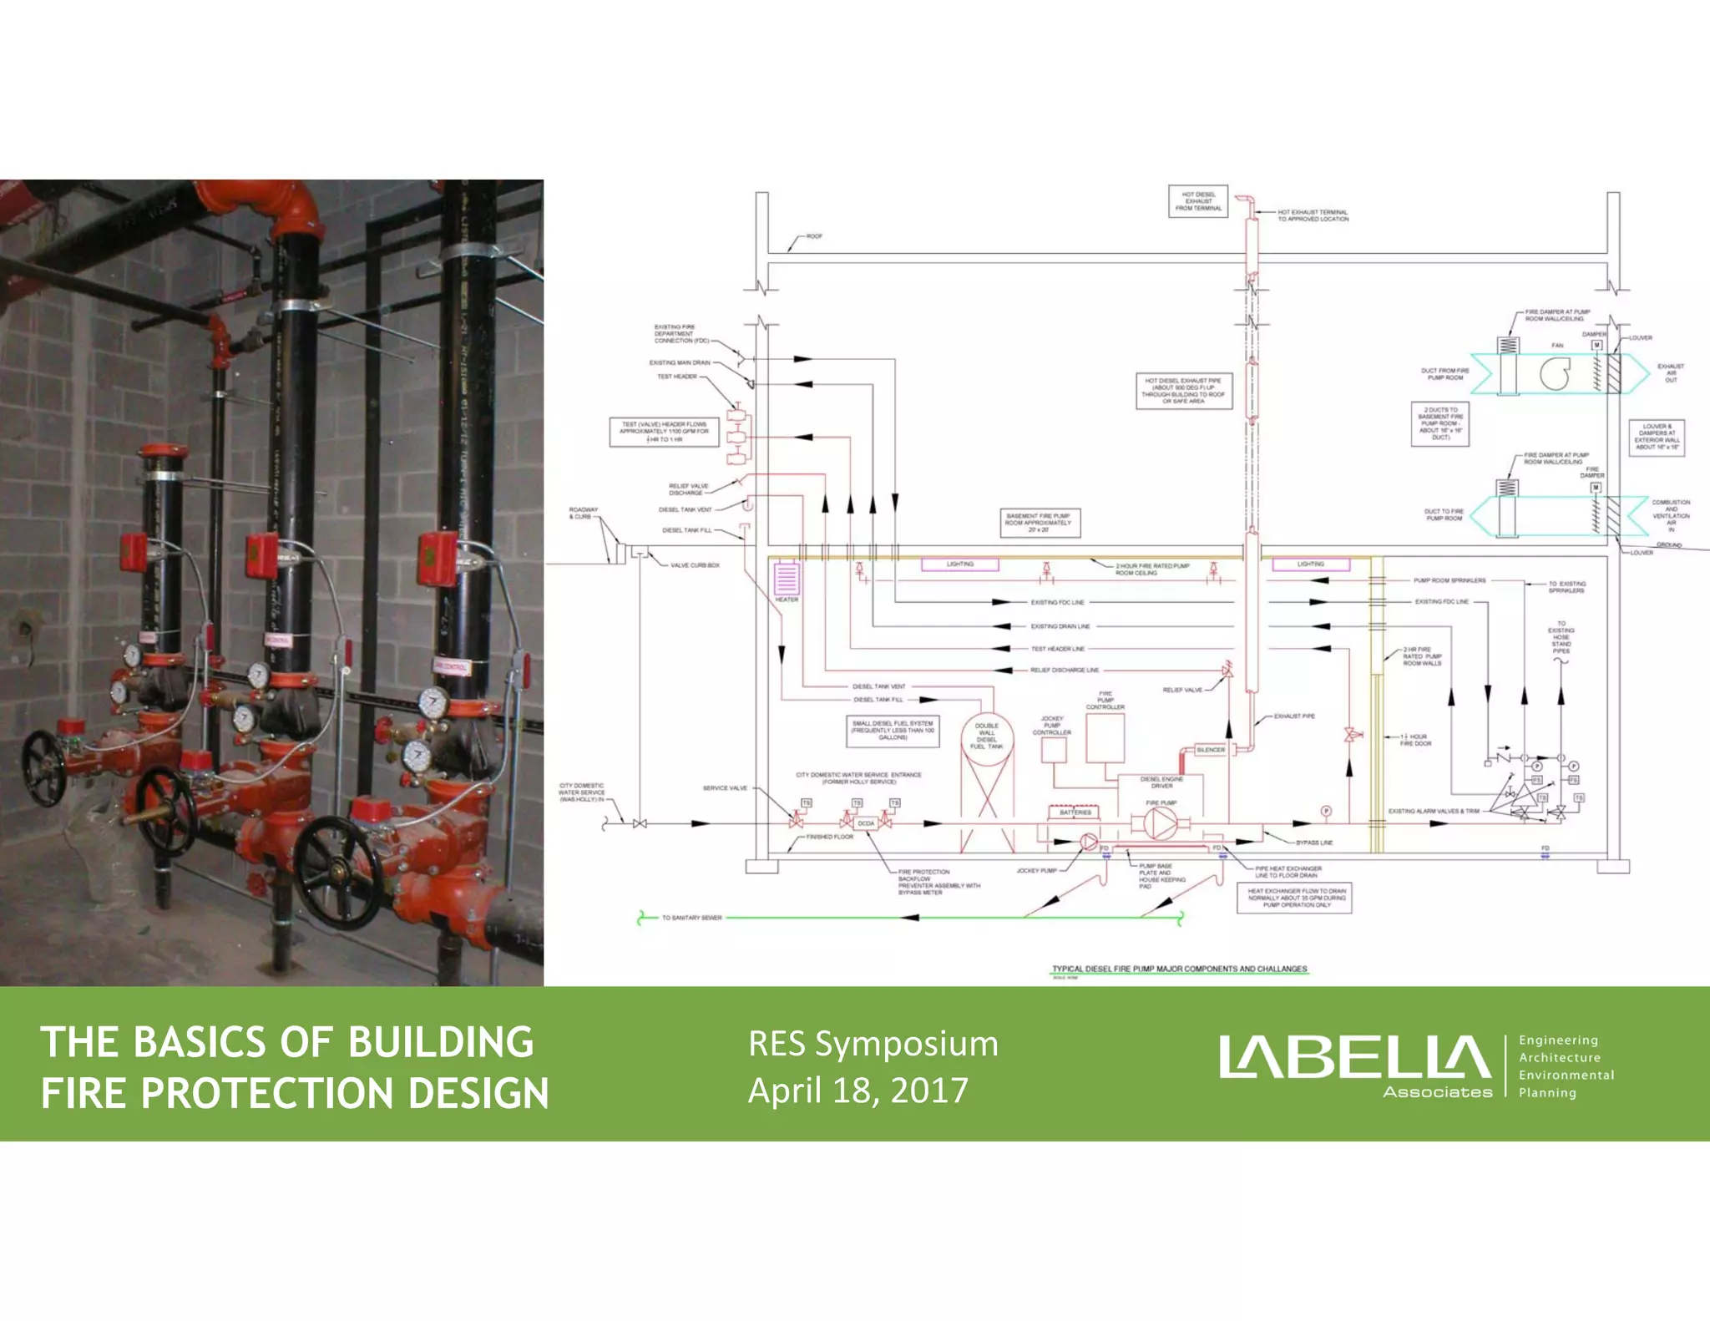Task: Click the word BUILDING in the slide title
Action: [440, 1042]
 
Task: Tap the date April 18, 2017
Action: [858, 1090]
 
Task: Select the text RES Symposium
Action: [873, 1044]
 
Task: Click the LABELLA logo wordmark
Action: [1353, 1058]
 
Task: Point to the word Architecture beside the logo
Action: [1559, 1057]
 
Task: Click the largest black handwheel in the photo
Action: [338, 873]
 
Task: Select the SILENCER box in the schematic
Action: [1210, 750]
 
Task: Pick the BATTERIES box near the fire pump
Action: [1075, 812]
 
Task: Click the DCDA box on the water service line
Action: [866, 823]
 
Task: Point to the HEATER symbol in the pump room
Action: [787, 579]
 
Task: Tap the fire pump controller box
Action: [1105, 737]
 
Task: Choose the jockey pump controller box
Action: [1053, 750]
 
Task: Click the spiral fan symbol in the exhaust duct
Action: [1555, 372]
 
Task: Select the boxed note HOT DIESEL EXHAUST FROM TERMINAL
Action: [1198, 201]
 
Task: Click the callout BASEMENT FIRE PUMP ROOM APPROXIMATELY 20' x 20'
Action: [1038, 523]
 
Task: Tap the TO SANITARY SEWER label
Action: [691, 918]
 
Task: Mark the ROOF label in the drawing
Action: [814, 236]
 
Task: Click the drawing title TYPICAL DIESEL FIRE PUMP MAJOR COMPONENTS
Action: [1179, 969]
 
